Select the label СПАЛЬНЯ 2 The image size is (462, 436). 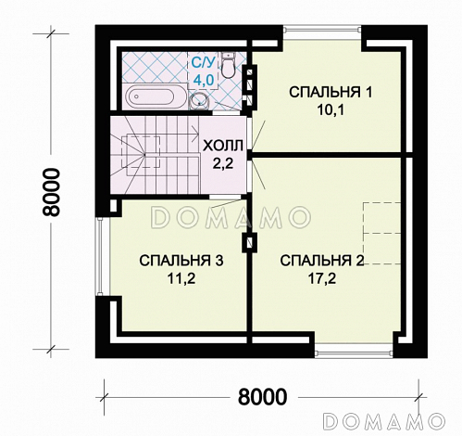(317, 260)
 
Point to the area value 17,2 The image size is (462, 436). (317, 276)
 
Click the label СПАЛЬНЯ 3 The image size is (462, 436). (181, 261)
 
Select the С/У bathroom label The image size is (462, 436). (203, 63)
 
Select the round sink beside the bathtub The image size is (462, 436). (198, 100)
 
